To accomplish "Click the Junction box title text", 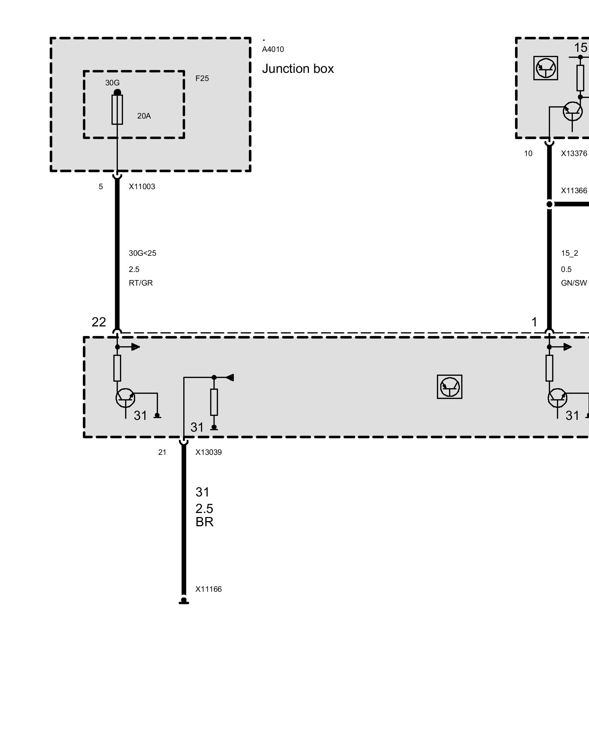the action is pos(298,69).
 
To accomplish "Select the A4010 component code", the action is pos(273,49).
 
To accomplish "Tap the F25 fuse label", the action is pos(202,78).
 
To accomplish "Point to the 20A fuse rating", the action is pos(144,116).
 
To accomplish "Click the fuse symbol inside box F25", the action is pos(117,110).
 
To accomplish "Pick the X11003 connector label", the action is pos(142,187).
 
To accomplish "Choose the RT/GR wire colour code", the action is pos(141,283).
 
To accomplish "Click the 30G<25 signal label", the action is pos(142,253).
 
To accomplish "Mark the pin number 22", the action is pos(99,322).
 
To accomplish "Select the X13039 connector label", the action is pos(208,452).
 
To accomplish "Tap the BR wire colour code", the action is pos(204,522).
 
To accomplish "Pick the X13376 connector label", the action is pos(574,153).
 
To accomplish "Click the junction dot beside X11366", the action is pos(549,204).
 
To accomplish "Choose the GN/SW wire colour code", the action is pos(574,283).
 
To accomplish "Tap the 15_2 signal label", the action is pos(569,253).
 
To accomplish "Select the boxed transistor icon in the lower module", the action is pos(449,387).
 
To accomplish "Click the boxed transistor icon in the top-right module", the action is pos(546,68).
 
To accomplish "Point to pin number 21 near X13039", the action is pos(162,452).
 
